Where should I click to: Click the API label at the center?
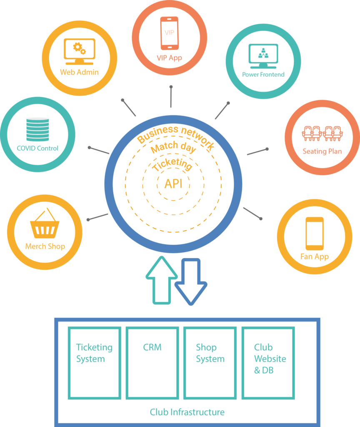(x=173, y=183)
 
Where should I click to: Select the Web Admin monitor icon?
(x=79, y=50)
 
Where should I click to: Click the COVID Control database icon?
(x=37, y=129)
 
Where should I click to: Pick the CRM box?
(x=152, y=362)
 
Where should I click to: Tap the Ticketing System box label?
(x=94, y=353)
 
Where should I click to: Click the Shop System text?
(x=210, y=353)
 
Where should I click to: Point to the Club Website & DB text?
(x=270, y=359)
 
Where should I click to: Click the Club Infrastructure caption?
(x=187, y=412)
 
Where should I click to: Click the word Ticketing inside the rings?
(x=172, y=165)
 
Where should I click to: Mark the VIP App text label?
(x=169, y=58)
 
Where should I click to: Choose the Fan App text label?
(x=315, y=257)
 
